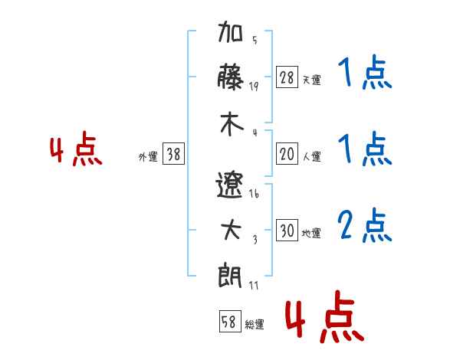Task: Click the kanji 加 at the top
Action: click(x=230, y=31)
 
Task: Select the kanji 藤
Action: click(x=230, y=77)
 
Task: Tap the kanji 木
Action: click(x=232, y=124)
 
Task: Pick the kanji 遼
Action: click(x=230, y=185)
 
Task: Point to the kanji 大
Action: click(x=231, y=230)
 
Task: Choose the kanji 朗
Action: click(x=230, y=276)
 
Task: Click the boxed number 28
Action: click(x=287, y=77)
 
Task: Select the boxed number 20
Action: click(x=287, y=153)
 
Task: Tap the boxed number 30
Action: click(x=287, y=230)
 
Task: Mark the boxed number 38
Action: click(x=173, y=153)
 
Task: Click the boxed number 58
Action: click(x=230, y=321)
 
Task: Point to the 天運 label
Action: click(x=312, y=80)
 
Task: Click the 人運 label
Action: click(x=312, y=156)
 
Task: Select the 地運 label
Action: click(x=311, y=233)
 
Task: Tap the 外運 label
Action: click(x=148, y=156)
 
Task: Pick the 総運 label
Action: click(x=255, y=324)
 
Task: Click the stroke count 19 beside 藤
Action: click(x=254, y=87)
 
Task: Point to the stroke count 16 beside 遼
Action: click(x=254, y=194)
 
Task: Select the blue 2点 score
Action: click(x=365, y=225)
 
